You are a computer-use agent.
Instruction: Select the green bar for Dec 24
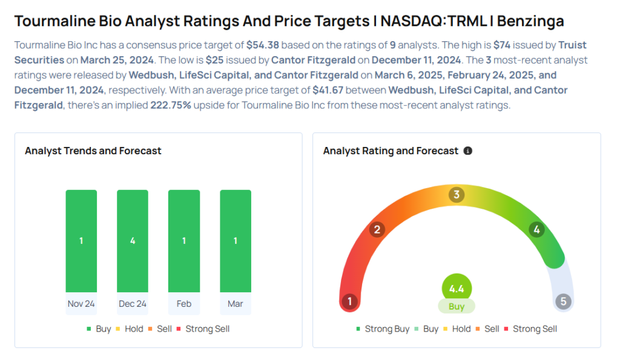133,241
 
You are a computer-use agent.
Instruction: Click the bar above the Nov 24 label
81,241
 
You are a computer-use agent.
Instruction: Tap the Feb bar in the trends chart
184,241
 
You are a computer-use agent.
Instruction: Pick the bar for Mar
236,241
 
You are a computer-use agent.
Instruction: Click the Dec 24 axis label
133,304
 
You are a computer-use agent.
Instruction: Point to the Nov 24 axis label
81,304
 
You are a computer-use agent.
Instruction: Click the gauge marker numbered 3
457,195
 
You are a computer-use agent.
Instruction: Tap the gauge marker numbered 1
349,301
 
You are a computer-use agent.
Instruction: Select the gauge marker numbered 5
564,301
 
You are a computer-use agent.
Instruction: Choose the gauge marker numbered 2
377,229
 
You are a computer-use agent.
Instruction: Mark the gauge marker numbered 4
536,229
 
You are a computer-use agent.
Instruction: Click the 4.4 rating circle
457,289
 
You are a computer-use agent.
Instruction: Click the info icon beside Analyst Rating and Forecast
467,151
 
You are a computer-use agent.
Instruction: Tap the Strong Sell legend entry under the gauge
530,329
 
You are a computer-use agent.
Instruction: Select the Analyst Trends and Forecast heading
93,151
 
